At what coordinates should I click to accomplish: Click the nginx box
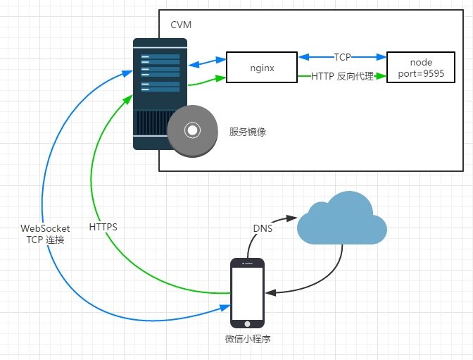coord(262,68)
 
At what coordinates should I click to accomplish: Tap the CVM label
coord(181,25)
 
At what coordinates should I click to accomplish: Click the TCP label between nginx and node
coord(343,56)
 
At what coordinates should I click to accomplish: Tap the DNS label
coord(263,228)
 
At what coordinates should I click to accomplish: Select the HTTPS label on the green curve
coord(103,228)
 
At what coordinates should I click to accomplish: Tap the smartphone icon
coord(248,292)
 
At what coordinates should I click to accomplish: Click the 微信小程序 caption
coord(248,339)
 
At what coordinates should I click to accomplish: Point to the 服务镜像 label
coord(248,132)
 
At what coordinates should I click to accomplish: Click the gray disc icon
coord(191,130)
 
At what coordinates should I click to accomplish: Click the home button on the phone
coord(248,323)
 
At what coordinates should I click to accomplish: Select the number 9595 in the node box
coord(431,73)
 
